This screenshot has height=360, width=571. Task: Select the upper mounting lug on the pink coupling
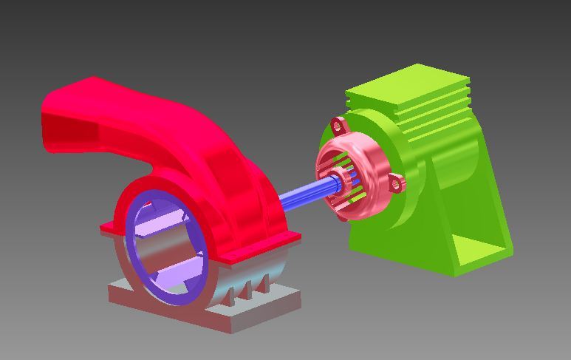pos(338,124)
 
